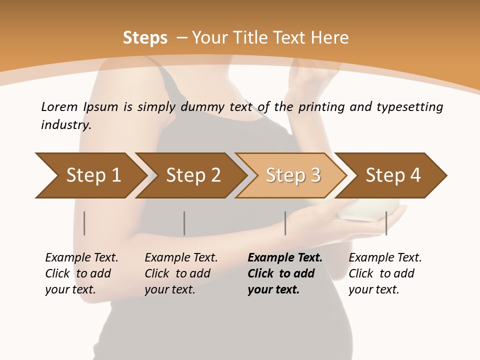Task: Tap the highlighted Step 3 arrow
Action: point(292,175)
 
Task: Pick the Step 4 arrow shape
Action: point(392,175)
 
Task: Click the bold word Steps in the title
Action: point(145,38)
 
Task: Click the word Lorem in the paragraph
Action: point(59,106)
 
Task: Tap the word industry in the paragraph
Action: point(66,124)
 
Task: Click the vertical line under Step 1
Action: point(84,223)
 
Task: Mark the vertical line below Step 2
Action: point(184,223)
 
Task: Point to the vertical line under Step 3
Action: point(285,223)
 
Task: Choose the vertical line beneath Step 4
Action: point(386,223)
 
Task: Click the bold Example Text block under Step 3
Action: point(285,273)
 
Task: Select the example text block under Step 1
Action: point(81,273)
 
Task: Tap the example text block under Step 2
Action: point(181,273)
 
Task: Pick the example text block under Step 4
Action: point(385,273)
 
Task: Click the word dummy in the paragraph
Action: point(203,107)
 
